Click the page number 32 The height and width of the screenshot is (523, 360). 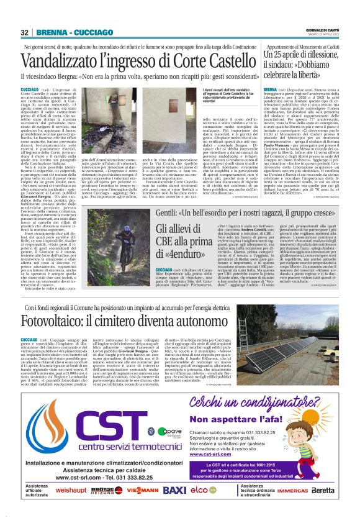(x=25, y=32)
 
